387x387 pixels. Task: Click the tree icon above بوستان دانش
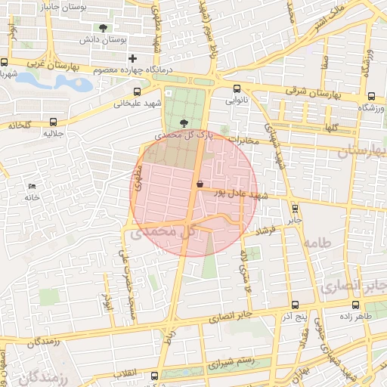pos(103,28)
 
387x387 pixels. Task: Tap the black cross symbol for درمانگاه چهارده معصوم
pos(132,58)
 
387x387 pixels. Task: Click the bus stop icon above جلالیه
pos(52,122)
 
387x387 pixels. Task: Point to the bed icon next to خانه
pos(31,186)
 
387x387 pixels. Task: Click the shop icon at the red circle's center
pos(200,184)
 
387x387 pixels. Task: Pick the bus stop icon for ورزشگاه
pos(371,97)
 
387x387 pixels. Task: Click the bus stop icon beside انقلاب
pos(155,375)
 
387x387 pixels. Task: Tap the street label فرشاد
pos(268,228)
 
